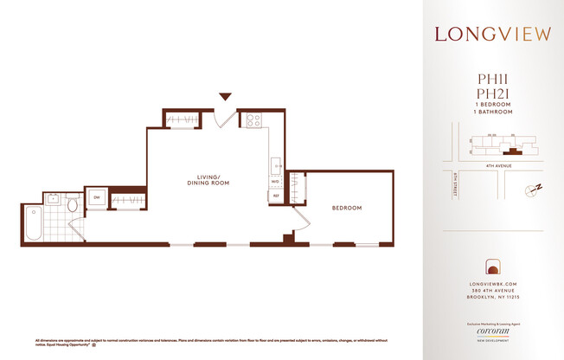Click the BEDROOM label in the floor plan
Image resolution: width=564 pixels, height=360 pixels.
(x=347, y=209)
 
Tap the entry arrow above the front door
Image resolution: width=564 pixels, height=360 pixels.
(x=226, y=97)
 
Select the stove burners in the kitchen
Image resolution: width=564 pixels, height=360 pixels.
(x=255, y=121)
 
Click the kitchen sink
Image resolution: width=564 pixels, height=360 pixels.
(x=274, y=164)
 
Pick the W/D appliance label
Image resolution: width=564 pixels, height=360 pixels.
(x=275, y=183)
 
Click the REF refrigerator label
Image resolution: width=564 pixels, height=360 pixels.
(x=276, y=196)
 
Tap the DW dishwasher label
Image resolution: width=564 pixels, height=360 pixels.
(x=96, y=197)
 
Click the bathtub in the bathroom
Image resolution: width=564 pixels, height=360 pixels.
(x=35, y=223)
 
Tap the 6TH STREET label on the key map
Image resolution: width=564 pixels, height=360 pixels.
(x=453, y=185)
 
